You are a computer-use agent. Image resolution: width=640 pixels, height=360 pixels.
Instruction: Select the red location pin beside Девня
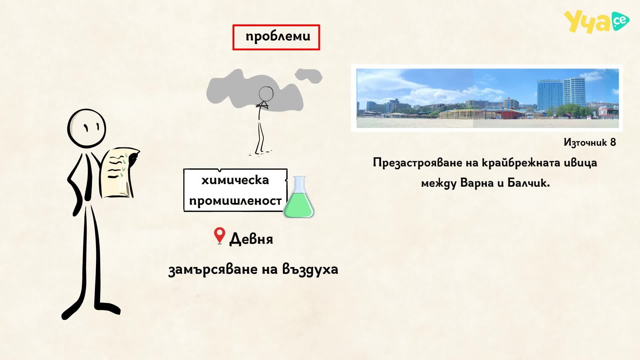coord(219,236)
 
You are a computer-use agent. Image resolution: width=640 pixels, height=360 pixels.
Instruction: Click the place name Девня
coord(251,239)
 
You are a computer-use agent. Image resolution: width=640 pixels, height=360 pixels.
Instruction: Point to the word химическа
coord(235,180)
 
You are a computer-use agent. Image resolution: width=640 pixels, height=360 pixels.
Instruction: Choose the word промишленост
coord(235,201)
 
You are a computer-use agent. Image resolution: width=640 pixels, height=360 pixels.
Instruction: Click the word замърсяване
coord(214,269)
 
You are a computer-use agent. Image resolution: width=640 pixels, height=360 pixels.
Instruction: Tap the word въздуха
coord(310,269)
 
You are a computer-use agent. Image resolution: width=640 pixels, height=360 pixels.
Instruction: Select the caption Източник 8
coord(590,142)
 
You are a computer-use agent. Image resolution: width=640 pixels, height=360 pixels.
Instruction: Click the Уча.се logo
coord(597,22)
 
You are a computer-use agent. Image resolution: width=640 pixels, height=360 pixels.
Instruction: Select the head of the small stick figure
coord(266,94)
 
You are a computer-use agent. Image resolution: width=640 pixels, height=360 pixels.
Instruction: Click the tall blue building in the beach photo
coord(574,92)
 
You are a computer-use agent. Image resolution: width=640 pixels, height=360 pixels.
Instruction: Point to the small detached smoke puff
coord(308,75)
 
